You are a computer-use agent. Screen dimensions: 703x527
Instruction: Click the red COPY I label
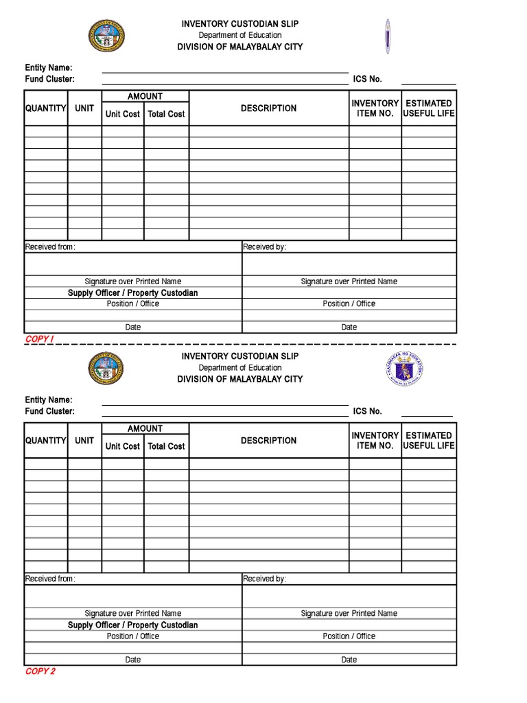tap(39, 339)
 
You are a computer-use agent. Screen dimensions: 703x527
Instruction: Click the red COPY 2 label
tap(40, 671)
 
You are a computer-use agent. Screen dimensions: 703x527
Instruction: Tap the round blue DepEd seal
tap(404, 369)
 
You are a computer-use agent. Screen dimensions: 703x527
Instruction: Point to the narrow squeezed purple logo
tap(388, 36)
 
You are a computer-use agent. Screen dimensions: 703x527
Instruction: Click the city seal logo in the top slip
tap(106, 36)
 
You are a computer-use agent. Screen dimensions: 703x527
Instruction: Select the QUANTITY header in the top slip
tap(46, 108)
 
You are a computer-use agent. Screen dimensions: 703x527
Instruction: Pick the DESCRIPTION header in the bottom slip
tap(268, 441)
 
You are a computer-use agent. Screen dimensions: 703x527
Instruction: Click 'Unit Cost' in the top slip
tap(123, 114)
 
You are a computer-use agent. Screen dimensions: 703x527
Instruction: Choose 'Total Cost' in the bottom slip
tap(166, 446)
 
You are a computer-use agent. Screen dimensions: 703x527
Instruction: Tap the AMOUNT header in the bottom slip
tap(145, 428)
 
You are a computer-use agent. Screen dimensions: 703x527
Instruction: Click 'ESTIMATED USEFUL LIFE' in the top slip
tap(429, 108)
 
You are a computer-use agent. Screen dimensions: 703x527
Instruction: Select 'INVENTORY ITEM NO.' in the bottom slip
tap(375, 441)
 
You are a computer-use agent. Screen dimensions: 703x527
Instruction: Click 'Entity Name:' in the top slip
tap(49, 68)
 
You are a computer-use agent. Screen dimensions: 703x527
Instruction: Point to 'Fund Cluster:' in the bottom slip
tap(50, 411)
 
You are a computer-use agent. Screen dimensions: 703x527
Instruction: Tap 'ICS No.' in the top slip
tap(367, 80)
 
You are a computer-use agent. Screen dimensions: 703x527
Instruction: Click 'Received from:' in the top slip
tap(50, 247)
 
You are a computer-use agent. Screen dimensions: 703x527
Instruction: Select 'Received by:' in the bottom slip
tap(265, 579)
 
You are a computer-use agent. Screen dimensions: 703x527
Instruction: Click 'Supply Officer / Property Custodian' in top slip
tap(132, 293)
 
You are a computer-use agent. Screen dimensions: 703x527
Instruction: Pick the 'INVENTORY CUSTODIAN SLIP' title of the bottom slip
tap(239, 356)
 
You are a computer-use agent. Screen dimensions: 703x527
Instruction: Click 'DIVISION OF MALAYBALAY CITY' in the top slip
tap(239, 47)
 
